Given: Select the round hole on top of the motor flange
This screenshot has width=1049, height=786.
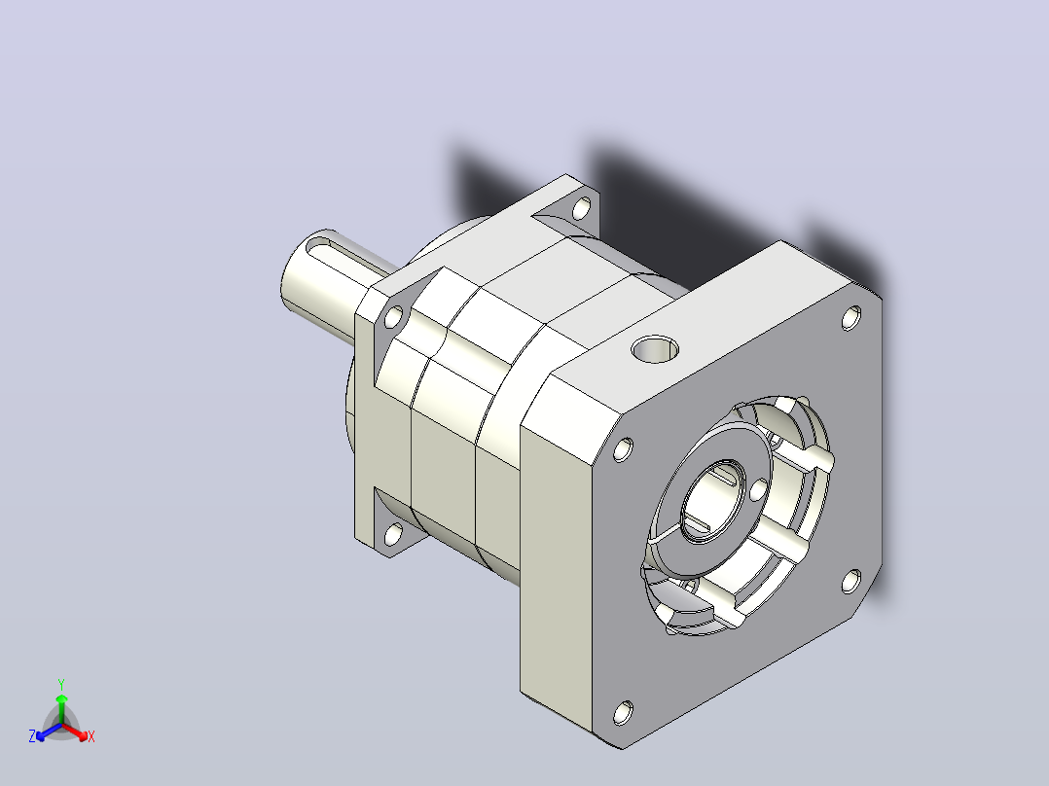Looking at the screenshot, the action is pyautogui.click(x=655, y=349).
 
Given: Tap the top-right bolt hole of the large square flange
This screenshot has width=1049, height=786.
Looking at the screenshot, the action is pyautogui.click(x=850, y=318).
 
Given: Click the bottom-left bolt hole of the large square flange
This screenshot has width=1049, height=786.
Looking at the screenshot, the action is pyautogui.click(x=623, y=713).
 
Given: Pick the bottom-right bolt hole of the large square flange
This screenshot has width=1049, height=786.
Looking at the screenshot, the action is pyautogui.click(x=850, y=581).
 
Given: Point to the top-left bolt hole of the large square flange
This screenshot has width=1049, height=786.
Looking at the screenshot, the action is pyautogui.click(x=623, y=449).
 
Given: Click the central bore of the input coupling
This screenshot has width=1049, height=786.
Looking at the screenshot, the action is pyautogui.click(x=712, y=496).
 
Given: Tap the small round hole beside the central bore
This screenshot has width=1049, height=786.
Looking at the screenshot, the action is pyautogui.click(x=759, y=490).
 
